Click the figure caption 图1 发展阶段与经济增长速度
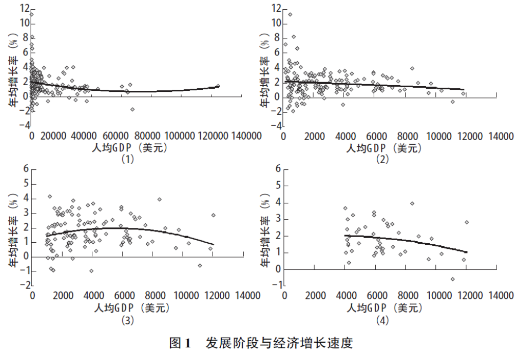tap(261, 343)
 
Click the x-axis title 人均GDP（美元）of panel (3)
tap(131, 308)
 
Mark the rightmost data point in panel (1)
tap(218, 86)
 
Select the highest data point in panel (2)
tap(290, 14)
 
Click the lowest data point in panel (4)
tap(452, 279)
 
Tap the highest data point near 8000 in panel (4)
tap(412, 203)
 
